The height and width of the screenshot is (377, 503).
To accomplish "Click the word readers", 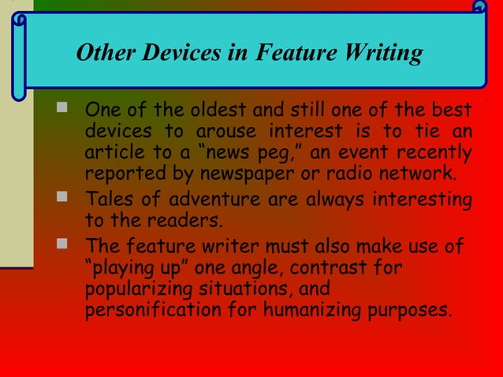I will [180, 218].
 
